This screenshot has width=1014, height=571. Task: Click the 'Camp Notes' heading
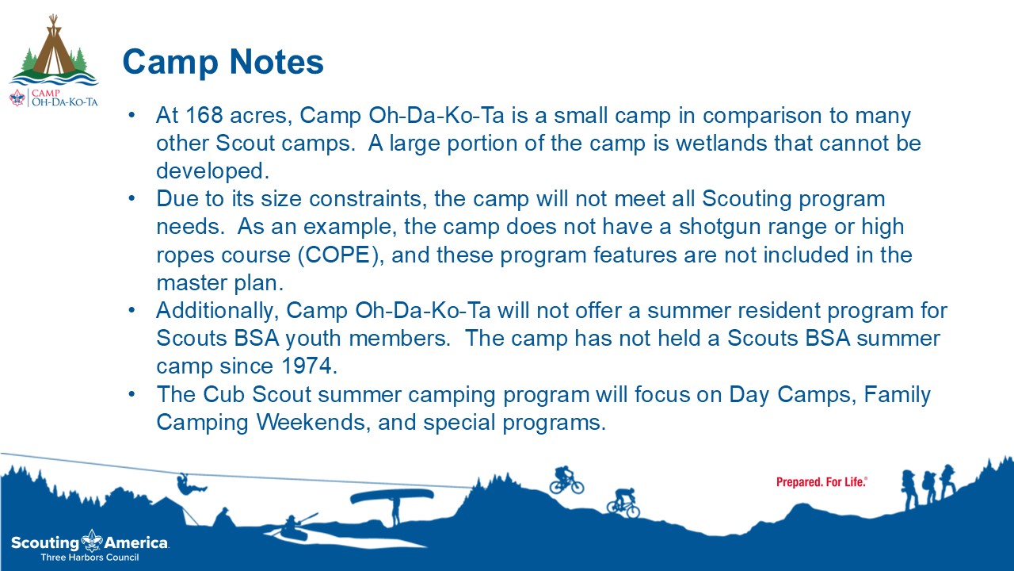(223, 62)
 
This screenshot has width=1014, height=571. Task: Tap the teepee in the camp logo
(55, 47)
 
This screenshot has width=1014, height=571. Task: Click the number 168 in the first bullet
(204, 115)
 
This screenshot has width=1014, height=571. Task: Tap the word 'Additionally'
(215, 312)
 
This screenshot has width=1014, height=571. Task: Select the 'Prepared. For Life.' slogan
(821, 482)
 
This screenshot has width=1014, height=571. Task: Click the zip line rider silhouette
(190, 485)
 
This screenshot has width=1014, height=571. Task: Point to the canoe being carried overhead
(392, 496)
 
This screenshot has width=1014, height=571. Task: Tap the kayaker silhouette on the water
(294, 527)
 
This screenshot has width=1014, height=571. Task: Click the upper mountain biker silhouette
(566, 481)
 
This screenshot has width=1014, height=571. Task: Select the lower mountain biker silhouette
(623, 503)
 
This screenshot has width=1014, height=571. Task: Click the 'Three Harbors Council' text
(90, 558)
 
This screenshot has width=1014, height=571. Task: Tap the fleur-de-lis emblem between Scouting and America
(92, 540)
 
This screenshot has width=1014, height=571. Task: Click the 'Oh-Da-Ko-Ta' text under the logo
(64, 102)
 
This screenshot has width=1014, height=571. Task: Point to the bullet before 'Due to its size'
(132, 198)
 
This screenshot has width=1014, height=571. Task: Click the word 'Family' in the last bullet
(897, 395)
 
